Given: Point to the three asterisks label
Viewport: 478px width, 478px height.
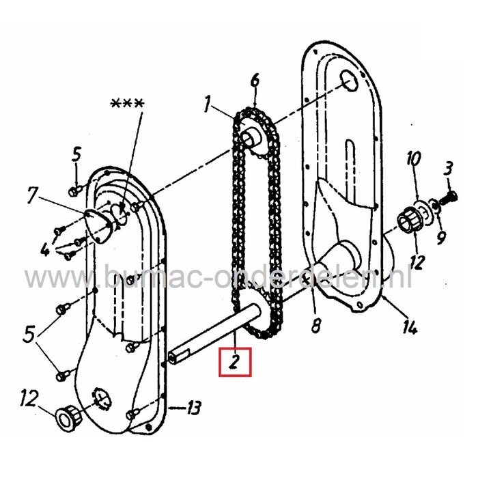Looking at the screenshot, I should coord(127,104).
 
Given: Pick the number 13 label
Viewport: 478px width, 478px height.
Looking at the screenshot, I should coord(193,408).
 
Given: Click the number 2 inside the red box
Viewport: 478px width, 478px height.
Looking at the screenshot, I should coord(235,362).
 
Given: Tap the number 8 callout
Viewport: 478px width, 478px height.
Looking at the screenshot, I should coord(315,327).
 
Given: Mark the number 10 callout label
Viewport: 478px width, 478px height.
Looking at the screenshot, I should coord(412,161).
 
